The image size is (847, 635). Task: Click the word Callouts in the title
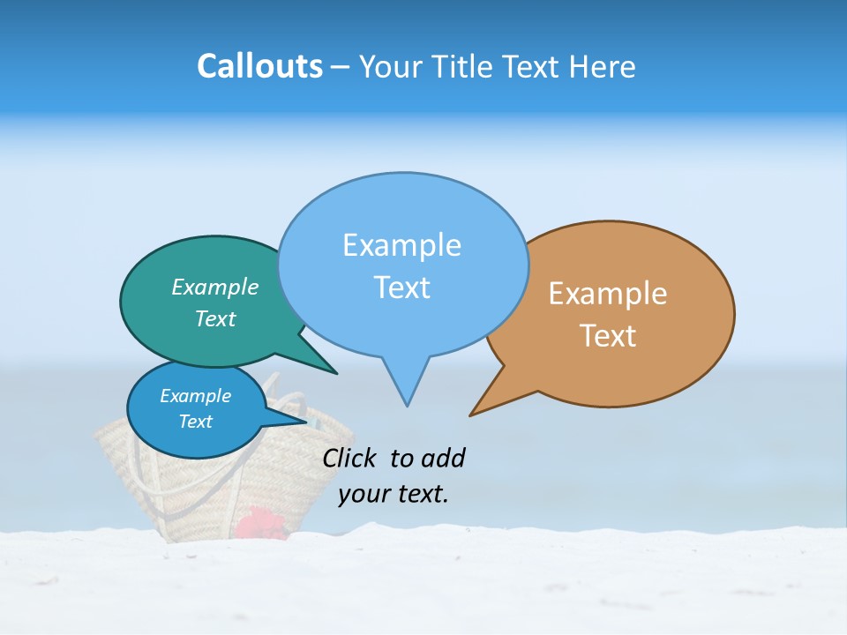pyautogui.click(x=259, y=66)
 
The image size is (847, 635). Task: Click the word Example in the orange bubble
pyautogui.click(x=608, y=294)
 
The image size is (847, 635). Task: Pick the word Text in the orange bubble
pyautogui.click(x=608, y=336)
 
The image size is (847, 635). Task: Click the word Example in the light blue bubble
pyautogui.click(x=401, y=245)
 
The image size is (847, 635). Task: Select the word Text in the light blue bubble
pyautogui.click(x=401, y=288)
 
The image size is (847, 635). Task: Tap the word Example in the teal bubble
pyautogui.click(x=214, y=288)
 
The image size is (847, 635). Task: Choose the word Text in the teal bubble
pyautogui.click(x=214, y=318)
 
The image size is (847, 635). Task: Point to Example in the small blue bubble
pyautogui.click(x=195, y=396)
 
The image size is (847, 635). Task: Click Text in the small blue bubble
pyautogui.click(x=195, y=422)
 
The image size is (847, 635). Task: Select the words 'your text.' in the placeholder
pyautogui.click(x=394, y=494)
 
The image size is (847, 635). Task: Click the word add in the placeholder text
pyautogui.click(x=443, y=458)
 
